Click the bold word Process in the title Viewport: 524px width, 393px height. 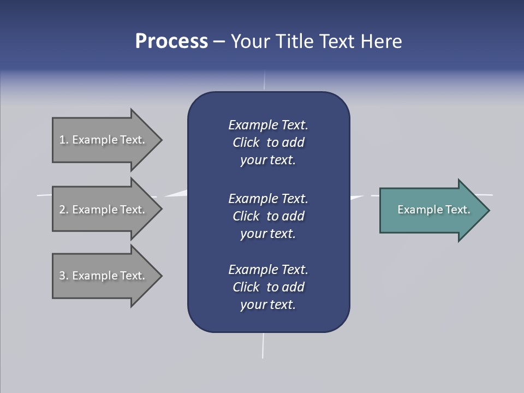(x=171, y=41)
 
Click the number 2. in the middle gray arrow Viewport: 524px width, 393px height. (x=64, y=210)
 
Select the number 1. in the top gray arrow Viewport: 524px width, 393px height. (x=64, y=140)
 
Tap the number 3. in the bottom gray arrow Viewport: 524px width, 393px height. (x=64, y=276)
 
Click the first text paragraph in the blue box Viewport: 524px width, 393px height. (x=268, y=142)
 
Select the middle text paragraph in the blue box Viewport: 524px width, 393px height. (x=268, y=216)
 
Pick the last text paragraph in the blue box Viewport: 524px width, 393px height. (x=268, y=287)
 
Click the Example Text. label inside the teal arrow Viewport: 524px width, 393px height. (x=433, y=210)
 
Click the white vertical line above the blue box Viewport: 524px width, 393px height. (x=265, y=82)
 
